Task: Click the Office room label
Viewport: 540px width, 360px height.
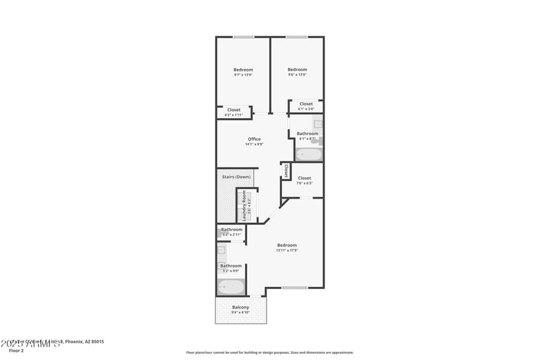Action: (254, 139)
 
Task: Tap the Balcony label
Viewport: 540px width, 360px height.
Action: (240, 307)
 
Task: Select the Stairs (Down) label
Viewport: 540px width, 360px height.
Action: (236, 177)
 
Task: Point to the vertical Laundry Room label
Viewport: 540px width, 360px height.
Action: (244, 206)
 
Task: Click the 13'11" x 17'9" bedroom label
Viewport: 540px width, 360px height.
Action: (286, 245)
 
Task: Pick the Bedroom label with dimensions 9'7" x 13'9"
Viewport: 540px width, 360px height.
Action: (243, 70)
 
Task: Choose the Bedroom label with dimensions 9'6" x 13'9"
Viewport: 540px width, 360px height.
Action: (297, 70)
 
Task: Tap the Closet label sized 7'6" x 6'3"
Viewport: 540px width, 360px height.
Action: (304, 178)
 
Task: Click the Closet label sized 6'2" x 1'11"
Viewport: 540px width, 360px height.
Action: (234, 110)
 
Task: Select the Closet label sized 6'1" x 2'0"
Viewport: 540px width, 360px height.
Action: (306, 104)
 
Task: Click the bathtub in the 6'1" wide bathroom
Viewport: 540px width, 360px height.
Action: (309, 154)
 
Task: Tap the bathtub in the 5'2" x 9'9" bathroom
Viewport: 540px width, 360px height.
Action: (230, 288)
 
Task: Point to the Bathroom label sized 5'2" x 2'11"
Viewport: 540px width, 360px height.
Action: (231, 230)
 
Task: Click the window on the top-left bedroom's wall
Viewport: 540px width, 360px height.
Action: (243, 36)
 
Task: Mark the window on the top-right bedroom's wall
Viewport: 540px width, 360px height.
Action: (296, 36)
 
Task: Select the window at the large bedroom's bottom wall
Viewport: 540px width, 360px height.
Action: (294, 288)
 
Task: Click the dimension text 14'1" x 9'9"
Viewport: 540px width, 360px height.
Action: (254, 145)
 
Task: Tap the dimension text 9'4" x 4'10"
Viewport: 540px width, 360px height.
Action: (240, 313)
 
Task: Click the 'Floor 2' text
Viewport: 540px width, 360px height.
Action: (16, 351)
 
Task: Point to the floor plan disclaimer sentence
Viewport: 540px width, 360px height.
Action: (269, 352)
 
